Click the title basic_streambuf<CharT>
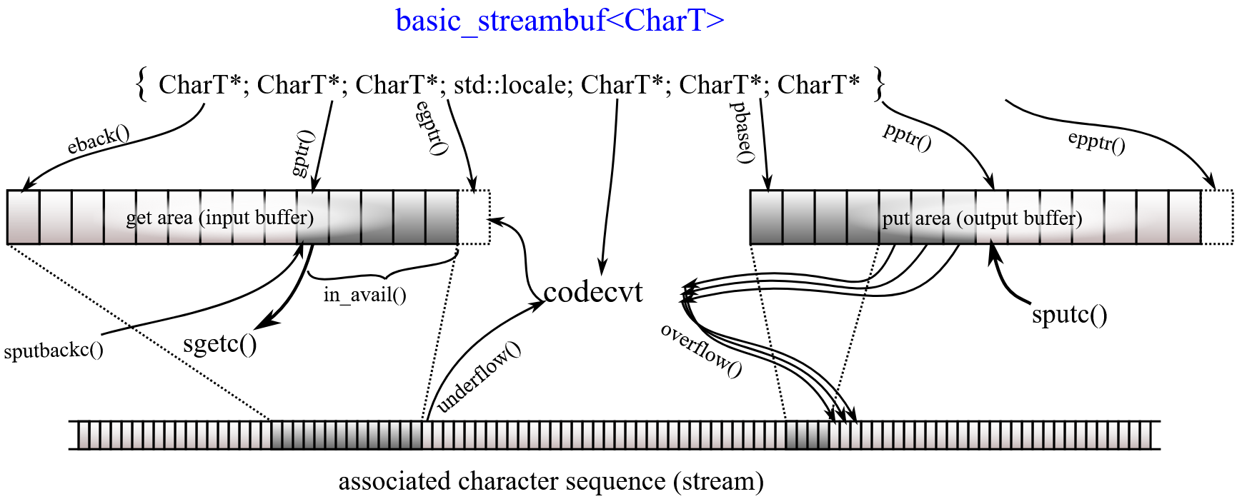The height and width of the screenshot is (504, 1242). click(560, 21)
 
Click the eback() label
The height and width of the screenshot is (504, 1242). click(99, 140)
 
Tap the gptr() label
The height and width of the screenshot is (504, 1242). click(302, 153)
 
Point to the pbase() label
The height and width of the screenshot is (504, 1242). click(743, 133)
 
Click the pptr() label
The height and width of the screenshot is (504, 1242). click(907, 137)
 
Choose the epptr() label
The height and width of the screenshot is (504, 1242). click(1096, 142)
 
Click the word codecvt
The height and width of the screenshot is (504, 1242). click(592, 292)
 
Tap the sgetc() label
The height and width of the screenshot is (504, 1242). click(220, 343)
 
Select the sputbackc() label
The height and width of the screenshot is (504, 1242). click(54, 351)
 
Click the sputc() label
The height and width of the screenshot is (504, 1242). click(1069, 314)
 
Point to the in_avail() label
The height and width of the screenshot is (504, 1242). click(364, 294)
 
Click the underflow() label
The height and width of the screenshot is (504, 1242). click(479, 377)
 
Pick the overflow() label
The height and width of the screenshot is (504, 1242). click(701, 350)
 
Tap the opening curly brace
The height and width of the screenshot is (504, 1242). click(141, 85)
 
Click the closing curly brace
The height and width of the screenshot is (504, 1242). click(879, 85)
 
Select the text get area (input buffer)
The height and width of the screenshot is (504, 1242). click(220, 217)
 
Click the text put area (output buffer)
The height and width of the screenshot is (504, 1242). click(982, 218)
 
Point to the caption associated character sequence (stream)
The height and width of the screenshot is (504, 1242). click(551, 481)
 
